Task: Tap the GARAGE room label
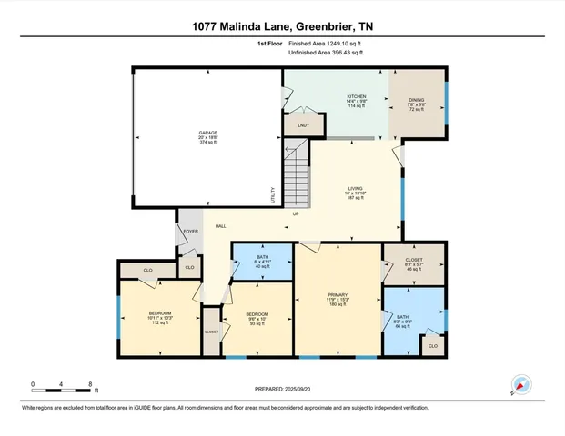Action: coord(207,133)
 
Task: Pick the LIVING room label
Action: coord(356,188)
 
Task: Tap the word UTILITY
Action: coord(272,193)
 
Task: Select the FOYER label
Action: coord(190,232)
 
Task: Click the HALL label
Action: coord(220,226)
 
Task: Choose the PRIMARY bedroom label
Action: coord(338,295)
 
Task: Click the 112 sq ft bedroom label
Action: coord(160,315)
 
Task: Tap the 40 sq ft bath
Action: coord(261,261)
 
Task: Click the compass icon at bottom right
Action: coord(520,384)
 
